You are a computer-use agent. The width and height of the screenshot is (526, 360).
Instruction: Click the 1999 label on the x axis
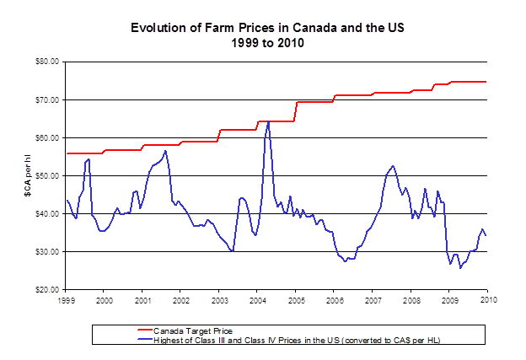[66, 299]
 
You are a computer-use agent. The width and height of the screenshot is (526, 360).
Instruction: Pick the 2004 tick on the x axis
[257, 299]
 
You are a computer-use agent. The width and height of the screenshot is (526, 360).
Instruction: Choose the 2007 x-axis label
[373, 299]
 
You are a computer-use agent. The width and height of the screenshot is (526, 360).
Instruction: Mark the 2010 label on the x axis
[487, 299]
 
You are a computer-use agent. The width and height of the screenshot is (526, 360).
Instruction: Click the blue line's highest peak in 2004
[268, 121]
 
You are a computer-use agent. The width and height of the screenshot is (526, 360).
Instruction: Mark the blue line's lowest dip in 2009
[460, 268]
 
